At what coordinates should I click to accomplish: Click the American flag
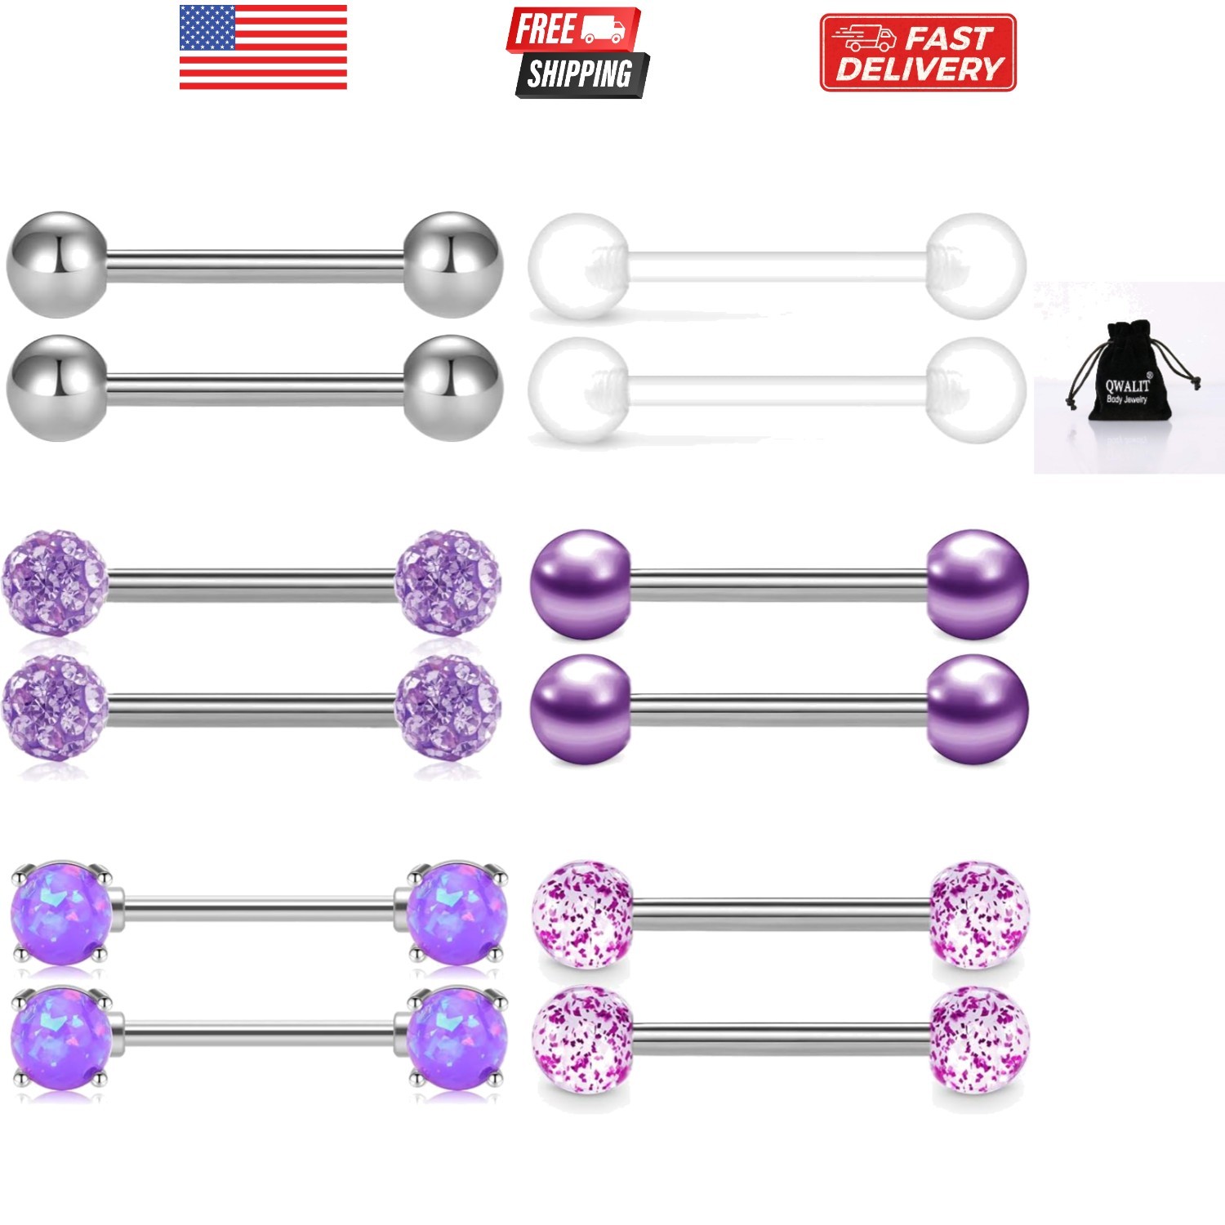[263, 47]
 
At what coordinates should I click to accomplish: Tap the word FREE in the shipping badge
[544, 29]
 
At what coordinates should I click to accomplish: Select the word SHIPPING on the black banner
[579, 74]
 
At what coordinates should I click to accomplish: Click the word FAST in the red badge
[947, 38]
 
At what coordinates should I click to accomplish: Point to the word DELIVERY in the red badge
[919, 69]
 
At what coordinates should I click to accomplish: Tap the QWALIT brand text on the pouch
[1127, 385]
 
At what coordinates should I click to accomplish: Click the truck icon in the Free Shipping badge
[604, 29]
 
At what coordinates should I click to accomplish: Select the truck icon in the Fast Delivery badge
[864, 38]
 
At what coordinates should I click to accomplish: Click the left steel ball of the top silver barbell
[56, 265]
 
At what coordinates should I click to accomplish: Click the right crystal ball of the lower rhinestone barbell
[448, 706]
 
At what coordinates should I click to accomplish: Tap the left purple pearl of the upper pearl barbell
[581, 584]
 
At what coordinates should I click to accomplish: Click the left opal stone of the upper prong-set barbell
[60, 912]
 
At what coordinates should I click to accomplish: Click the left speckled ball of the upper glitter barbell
[582, 914]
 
